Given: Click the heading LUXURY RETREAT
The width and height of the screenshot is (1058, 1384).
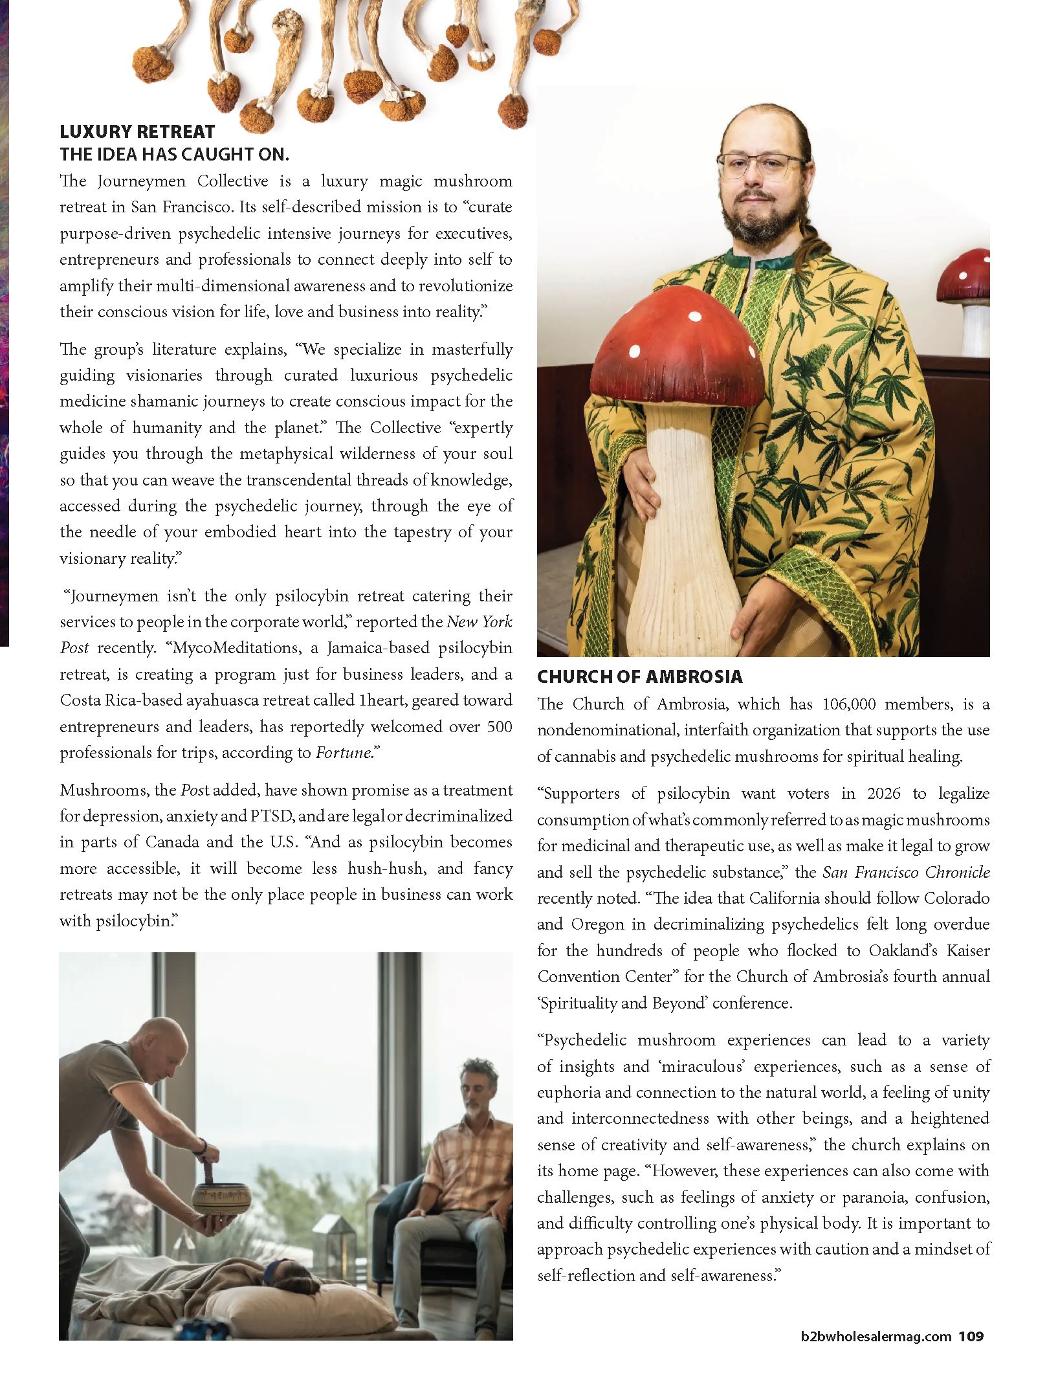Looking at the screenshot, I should [137, 132].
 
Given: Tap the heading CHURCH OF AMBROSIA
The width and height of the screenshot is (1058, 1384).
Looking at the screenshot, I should [639, 677].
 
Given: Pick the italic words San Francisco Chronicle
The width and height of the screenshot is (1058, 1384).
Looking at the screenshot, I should [906, 872].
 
